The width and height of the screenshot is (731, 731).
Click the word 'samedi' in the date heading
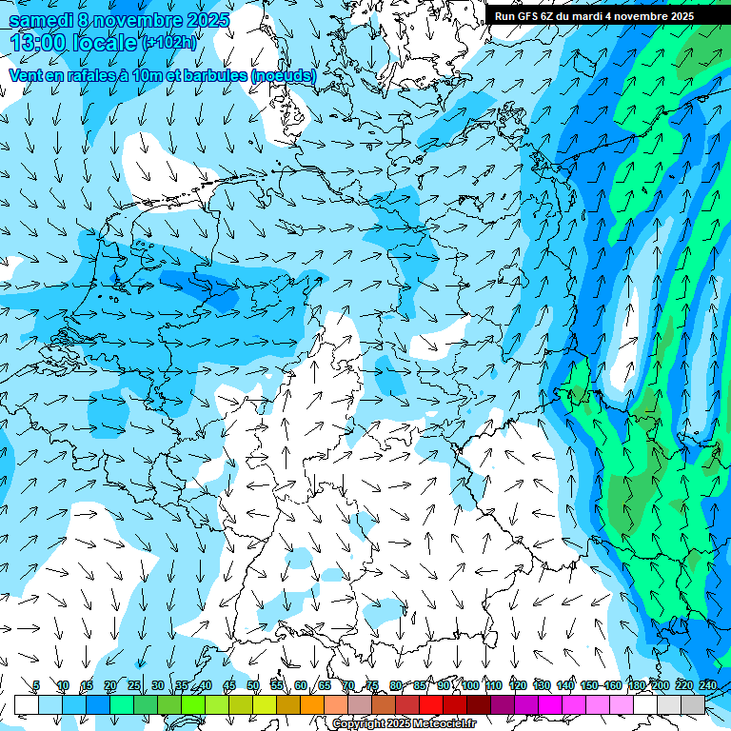(42, 19)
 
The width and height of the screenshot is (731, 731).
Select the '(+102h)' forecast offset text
(169, 42)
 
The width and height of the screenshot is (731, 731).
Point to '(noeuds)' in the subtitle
(285, 74)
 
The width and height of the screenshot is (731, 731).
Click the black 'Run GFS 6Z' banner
(594, 15)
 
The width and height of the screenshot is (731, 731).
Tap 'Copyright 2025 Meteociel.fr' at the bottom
(404, 724)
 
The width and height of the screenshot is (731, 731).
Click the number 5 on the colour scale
(36, 685)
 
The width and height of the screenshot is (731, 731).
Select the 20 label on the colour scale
(110, 685)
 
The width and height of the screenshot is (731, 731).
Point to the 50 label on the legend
(253, 685)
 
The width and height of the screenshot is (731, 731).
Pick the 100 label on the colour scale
(470, 685)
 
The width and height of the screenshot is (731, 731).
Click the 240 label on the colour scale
(707, 685)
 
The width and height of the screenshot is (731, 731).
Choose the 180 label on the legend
(636, 685)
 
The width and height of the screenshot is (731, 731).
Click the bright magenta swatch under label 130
(550, 704)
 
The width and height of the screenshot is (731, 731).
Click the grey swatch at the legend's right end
(693, 704)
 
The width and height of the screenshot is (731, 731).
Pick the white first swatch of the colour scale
(27, 704)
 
